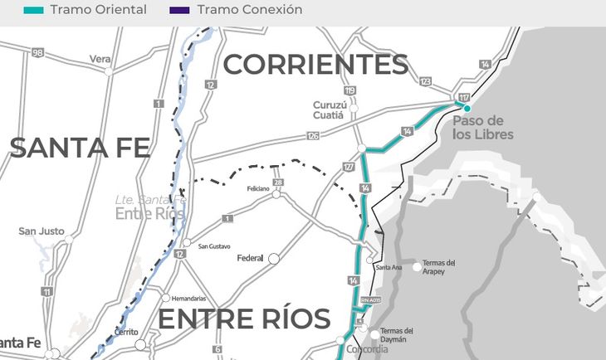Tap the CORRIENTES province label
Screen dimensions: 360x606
click(x=315, y=65)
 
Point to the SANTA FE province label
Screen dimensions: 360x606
click(x=80, y=148)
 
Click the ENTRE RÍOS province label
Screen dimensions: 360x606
click(x=244, y=319)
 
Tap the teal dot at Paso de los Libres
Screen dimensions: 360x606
click(x=467, y=109)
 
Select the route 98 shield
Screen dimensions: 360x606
click(x=37, y=52)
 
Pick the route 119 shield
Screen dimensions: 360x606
click(x=349, y=90)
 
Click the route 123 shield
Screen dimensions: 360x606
click(x=426, y=81)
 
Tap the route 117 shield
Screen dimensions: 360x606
click(x=463, y=98)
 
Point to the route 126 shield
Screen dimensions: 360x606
click(x=312, y=135)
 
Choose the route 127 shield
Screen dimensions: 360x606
click(x=348, y=168)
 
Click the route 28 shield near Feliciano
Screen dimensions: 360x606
click(x=278, y=182)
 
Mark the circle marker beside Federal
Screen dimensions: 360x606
click(x=273, y=259)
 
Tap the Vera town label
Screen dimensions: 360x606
click(x=100, y=59)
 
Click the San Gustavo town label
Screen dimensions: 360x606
click(x=213, y=246)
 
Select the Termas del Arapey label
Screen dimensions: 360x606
click(x=440, y=267)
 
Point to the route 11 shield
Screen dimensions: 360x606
click(x=47, y=291)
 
